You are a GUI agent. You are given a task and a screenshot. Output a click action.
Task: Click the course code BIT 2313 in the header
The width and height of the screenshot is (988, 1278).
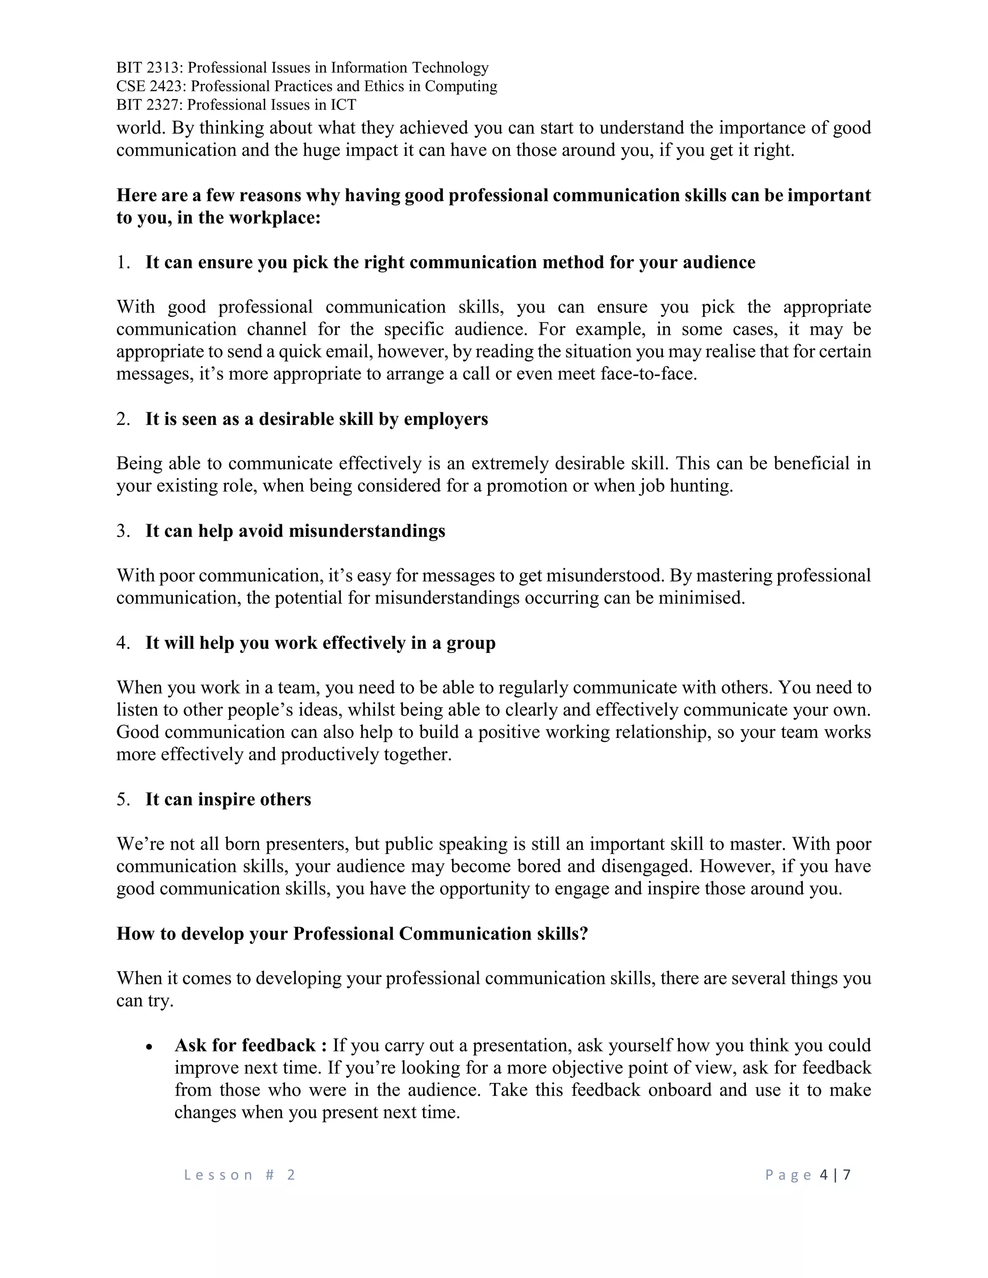click(149, 68)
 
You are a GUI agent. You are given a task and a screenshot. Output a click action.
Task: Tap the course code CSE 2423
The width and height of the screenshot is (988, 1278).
click(151, 87)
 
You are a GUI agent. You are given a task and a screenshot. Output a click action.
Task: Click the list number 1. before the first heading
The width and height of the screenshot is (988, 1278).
click(123, 263)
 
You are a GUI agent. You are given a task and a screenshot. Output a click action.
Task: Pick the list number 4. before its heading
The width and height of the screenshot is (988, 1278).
click(123, 643)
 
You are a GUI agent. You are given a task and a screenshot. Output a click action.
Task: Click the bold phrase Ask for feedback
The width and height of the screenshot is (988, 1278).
click(246, 1046)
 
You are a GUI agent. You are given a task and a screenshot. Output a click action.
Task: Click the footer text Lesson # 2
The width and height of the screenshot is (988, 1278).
click(240, 1175)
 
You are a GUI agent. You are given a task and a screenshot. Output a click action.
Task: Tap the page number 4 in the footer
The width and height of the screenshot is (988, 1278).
click(824, 1175)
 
